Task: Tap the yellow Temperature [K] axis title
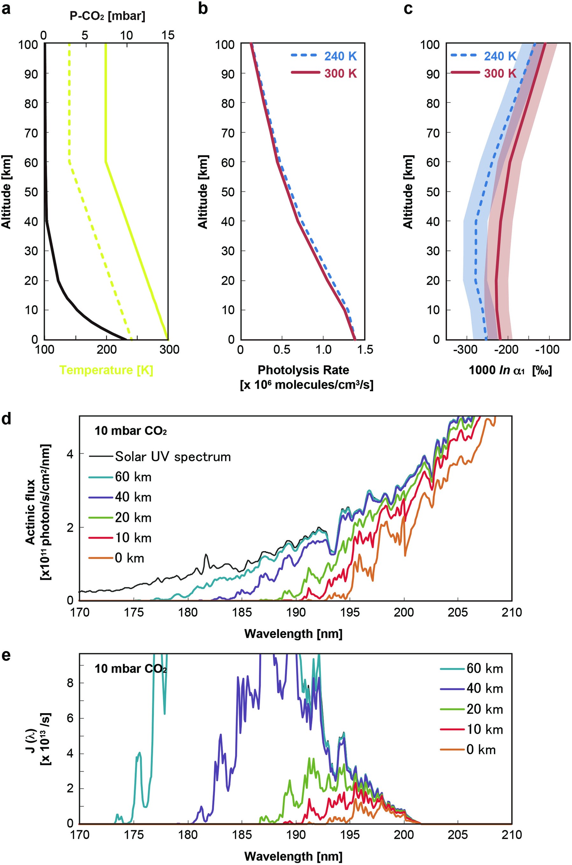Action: (x=106, y=370)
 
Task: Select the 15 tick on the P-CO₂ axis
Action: (x=167, y=35)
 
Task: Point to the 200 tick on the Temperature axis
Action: (x=106, y=350)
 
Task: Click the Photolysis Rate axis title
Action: (x=303, y=370)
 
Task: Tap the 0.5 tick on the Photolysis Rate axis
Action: (x=282, y=350)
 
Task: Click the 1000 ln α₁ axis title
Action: (x=510, y=370)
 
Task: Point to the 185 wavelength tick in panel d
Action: (x=242, y=612)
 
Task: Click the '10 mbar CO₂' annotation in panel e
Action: (x=131, y=668)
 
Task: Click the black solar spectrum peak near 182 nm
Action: (x=206, y=555)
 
